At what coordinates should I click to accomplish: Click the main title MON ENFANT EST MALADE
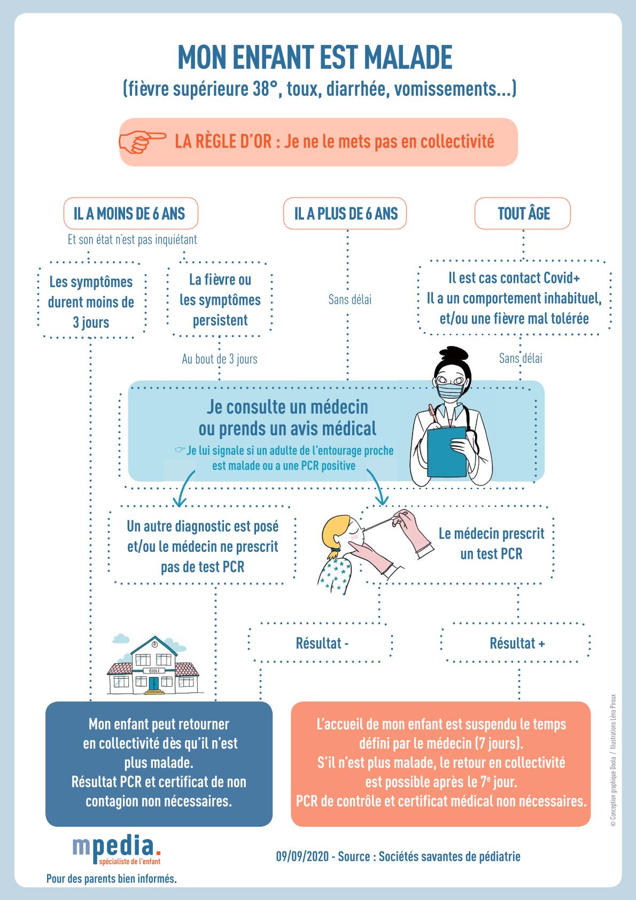point(315,57)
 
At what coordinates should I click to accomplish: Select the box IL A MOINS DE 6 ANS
point(130,213)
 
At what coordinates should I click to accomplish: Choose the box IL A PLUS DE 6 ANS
point(345,213)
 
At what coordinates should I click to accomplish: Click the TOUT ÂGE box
point(522,213)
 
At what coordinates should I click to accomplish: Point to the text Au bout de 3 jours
point(220,359)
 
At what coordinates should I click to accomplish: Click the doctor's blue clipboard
point(447,452)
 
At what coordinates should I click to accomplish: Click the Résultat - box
point(320,643)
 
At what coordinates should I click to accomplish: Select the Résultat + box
point(516,643)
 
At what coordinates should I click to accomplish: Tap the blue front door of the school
point(154,683)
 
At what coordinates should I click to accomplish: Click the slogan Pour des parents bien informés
point(112,878)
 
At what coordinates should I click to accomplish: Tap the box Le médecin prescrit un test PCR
point(457,544)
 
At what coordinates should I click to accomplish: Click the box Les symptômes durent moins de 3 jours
point(91,302)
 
